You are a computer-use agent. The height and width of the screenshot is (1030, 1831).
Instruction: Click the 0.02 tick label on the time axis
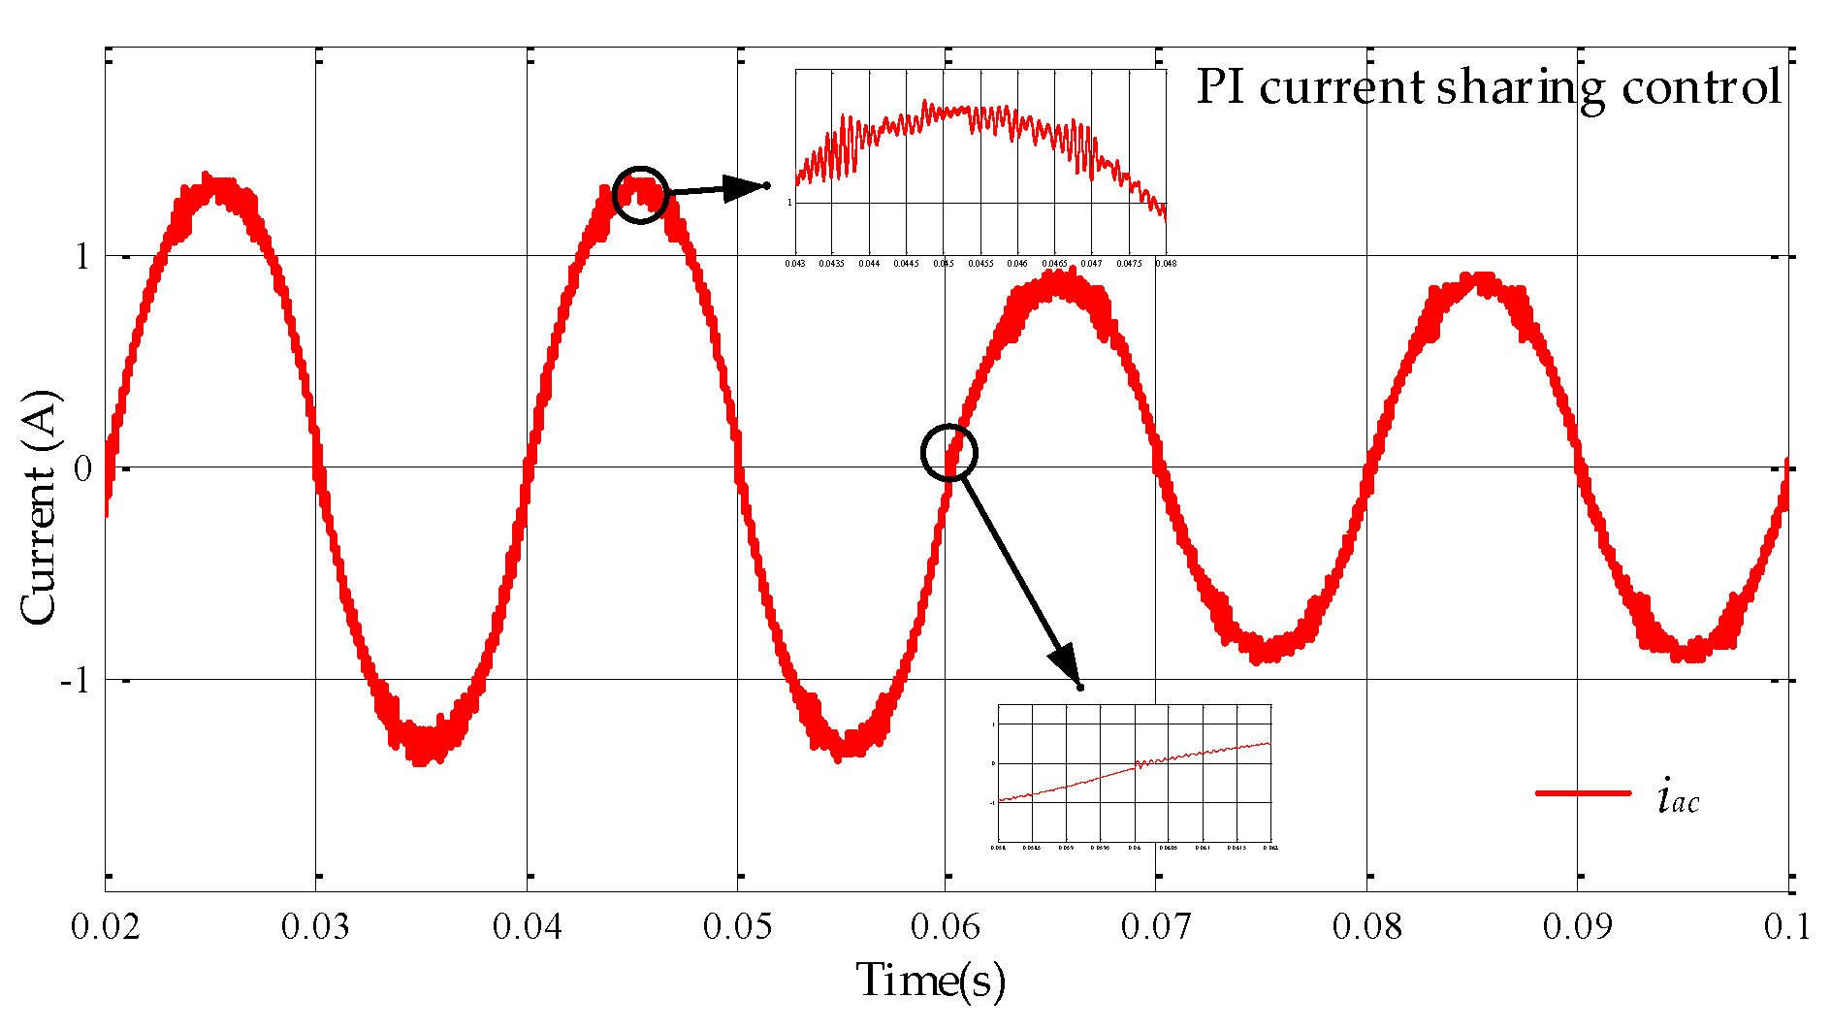click(106, 927)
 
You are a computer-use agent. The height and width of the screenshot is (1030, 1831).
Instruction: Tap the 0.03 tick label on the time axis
click(316, 927)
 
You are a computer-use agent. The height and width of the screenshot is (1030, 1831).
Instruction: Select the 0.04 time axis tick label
click(527, 927)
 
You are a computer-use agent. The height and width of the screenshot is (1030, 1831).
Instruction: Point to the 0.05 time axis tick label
click(738, 927)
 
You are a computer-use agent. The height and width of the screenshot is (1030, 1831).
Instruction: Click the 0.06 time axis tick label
click(946, 927)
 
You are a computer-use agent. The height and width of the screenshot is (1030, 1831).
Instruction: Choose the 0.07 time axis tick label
click(1156, 927)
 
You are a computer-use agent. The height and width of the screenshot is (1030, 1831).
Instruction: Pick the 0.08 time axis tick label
click(1367, 927)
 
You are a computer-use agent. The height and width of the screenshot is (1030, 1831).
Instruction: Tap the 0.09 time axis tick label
click(1578, 927)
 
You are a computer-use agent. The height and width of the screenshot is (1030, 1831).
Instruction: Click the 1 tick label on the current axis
click(82, 257)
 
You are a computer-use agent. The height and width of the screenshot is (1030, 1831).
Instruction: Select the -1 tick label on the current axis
click(76, 680)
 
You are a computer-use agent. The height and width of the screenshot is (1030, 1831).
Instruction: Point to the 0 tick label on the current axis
click(82, 468)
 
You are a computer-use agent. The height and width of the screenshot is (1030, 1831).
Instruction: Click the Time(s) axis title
click(930, 981)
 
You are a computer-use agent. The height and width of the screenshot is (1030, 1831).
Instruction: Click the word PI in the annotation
click(1220, 86)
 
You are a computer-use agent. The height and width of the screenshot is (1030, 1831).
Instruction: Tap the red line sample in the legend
click(1583, 793)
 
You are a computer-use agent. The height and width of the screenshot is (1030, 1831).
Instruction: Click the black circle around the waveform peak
click(641, 195)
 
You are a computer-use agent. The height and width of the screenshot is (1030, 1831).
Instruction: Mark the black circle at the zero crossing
click(948, 452)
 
